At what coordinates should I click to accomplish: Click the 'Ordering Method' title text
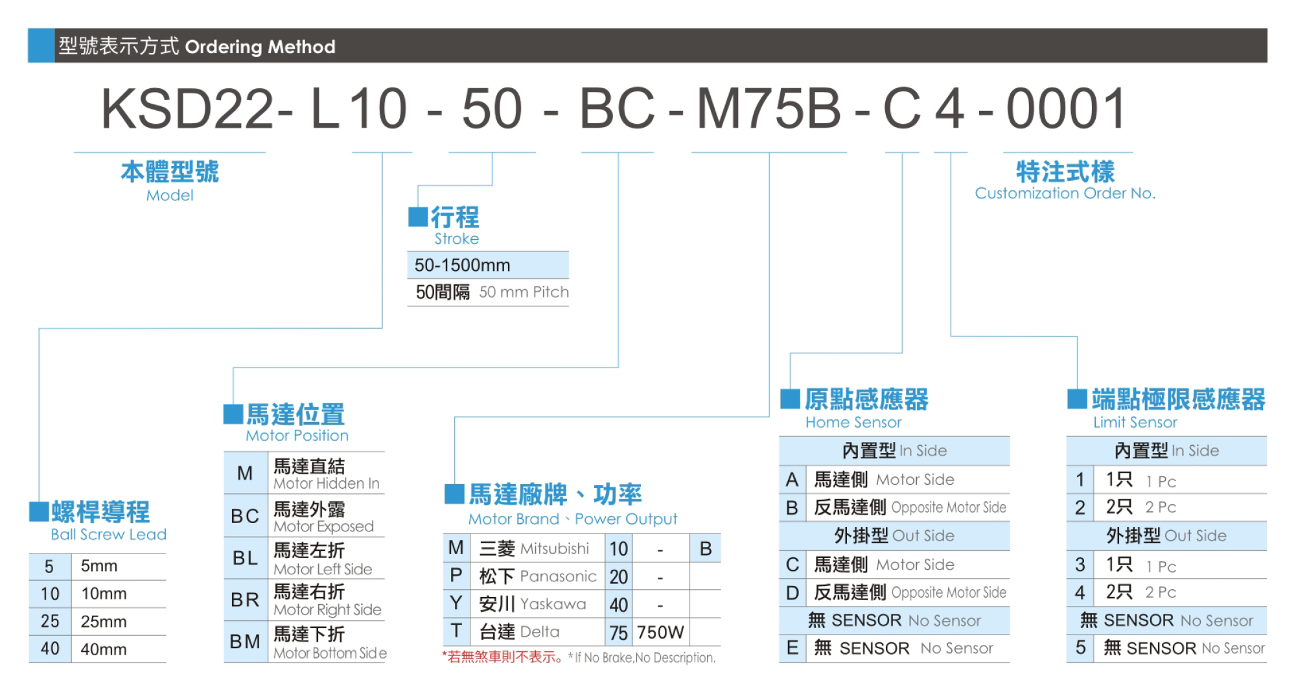[260, 47]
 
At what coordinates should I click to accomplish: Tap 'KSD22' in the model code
[188, 109]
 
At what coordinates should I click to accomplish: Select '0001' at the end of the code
[1066, 109]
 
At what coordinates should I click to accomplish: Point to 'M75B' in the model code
[769, 109]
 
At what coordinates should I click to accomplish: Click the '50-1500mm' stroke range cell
[462, 265]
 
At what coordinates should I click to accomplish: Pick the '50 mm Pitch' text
[524, 292]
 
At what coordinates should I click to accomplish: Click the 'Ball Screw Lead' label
[109, 535]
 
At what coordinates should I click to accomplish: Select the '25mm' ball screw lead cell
[104, 622]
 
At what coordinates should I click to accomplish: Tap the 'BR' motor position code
[245, 600]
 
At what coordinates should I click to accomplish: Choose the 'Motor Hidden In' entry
[326, 484]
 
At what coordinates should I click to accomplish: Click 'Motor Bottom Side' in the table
[330, 653]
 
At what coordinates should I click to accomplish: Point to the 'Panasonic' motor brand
[558, 576]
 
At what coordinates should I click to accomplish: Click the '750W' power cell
[660, 632]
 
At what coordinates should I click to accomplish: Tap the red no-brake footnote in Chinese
[503, 657]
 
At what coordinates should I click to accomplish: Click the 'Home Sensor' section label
[853, 423]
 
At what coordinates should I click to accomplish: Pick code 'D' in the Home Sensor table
[792, 592]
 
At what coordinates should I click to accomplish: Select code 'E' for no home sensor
[792, 648]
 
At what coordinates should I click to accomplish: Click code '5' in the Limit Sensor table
[1080, 648]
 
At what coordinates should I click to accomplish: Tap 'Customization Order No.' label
[1065, 193]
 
